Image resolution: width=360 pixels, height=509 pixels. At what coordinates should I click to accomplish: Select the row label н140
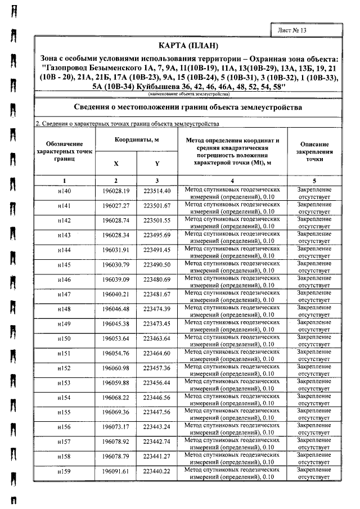click(65, 192)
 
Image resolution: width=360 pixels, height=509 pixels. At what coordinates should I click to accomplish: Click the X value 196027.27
click(116, 206)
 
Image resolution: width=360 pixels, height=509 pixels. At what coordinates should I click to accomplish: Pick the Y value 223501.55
click(156, 221)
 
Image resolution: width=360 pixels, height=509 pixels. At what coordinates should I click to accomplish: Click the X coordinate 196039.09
click(116, 280)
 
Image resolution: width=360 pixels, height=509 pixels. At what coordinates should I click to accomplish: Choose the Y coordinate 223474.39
click(156, 309)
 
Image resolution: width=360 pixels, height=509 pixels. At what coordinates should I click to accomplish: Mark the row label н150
click(65, 339)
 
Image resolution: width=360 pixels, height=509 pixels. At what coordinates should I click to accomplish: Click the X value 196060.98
click(116, 368)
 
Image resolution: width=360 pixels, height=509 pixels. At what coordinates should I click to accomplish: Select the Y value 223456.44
click(156, 382)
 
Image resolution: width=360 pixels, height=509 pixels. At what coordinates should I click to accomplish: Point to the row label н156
click(65, 427)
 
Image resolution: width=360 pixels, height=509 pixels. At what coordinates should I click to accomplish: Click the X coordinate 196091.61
click(116, 471)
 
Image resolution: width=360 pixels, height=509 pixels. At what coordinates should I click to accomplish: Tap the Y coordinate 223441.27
click(156, 456)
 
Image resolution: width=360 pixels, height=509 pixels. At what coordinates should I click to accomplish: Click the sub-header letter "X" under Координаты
click(116, 164)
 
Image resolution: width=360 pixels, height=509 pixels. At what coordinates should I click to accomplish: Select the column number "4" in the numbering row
click(232, 181)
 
